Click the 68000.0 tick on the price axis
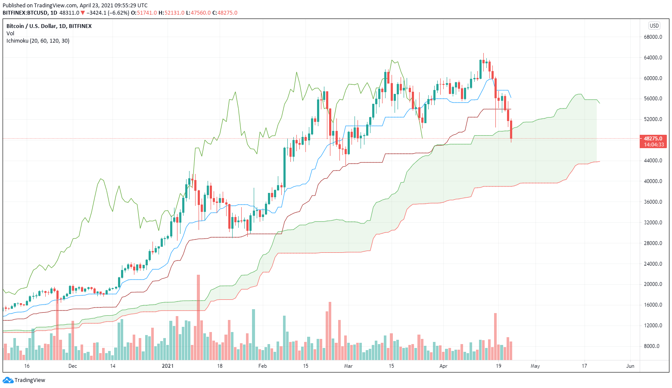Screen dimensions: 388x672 point(653,37)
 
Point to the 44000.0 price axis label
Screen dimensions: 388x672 point(653,161)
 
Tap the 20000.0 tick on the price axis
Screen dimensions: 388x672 point(653,284)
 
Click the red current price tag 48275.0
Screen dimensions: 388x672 point(653,139)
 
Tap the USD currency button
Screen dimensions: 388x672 point(654,26)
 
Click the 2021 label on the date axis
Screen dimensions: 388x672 point(168,366)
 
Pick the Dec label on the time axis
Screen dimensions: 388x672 point(72,366)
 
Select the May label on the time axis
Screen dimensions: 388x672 point(535,366)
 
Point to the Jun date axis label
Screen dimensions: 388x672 point(630,366)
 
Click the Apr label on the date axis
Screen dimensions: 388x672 point(443,366)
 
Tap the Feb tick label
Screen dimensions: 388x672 point(262,366)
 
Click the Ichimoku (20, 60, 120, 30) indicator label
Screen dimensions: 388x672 point(38,41)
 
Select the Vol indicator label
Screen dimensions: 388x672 point(10,34)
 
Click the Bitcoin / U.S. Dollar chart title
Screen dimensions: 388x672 point(49,26)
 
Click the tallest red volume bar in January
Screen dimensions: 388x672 point(199,317)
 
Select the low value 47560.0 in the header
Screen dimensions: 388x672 point(201,13)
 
